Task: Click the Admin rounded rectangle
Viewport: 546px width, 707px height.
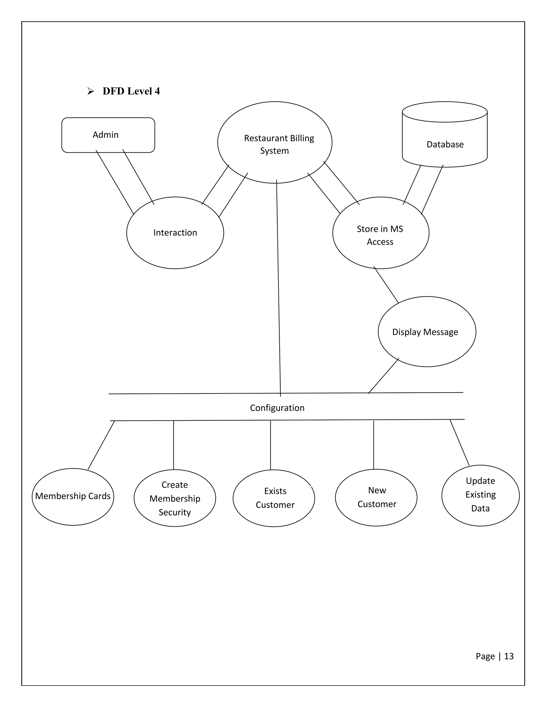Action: (x=108, y=135)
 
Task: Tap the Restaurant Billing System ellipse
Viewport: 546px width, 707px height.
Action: (x=275, y=142)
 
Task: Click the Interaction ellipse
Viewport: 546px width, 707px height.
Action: (x=175, y=233)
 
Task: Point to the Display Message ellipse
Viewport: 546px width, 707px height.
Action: (x=427, y=332)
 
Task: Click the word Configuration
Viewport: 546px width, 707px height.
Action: (x=277, y=408)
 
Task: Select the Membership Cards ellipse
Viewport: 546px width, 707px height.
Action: (x=73, y=496)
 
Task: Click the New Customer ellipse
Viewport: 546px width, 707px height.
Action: (x=376, y=498)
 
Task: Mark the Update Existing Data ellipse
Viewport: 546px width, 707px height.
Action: (x=480, y=495)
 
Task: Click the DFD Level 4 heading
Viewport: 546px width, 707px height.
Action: (x=131, y=91)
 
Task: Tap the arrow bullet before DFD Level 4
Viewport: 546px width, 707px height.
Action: (x=91, y=92)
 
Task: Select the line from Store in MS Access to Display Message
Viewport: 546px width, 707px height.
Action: (x=386, y=285)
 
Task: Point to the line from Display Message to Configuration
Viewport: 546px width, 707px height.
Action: (x=384, y=376)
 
